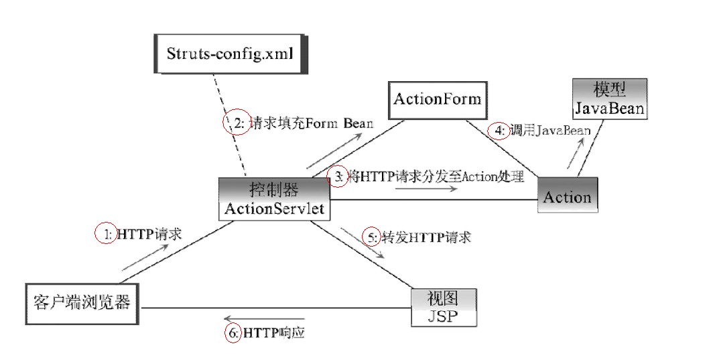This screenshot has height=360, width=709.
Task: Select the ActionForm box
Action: (437, 100)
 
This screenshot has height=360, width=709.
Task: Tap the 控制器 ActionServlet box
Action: (275, 198)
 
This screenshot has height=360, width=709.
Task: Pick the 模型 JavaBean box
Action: (610, 99)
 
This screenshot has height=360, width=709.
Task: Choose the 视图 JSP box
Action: (444, 307)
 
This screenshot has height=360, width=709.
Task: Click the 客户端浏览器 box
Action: (81, 303)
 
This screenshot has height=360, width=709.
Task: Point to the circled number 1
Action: (106, 234)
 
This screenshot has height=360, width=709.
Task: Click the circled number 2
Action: (236, 123)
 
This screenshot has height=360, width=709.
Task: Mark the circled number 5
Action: (371, 237)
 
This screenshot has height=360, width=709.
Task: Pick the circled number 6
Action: (233, 332)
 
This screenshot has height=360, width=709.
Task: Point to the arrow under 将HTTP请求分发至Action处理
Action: (426, 188)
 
